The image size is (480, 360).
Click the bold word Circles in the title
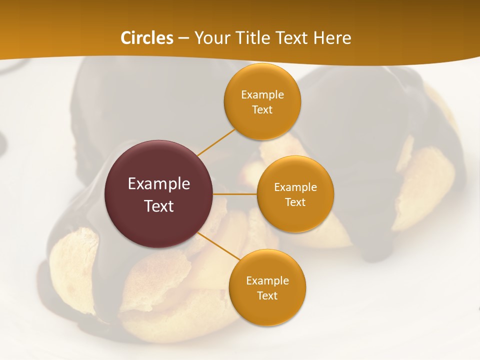click(x=147, y=38)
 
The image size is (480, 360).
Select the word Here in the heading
click(x=332, y=38)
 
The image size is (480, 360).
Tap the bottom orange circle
click(x=267, y=310)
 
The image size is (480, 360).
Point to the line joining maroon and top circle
click(x=215, y=142)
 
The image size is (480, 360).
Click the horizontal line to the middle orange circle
click(x=235, y=194)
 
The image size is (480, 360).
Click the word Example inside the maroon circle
click(x=158, y=184)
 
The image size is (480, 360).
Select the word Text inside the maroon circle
click(x=158, y=206)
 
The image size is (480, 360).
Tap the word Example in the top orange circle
click(x=262, y=95)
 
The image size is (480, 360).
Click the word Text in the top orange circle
click(x=262, y=110)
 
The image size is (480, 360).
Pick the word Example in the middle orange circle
click(x=295, y=187)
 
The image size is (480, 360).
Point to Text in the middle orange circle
click(x=295, y=202)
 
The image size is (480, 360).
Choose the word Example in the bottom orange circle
click(x=267, y=281)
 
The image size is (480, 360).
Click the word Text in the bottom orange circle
click(x=267, y=296)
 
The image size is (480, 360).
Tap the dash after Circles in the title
click(x=183, y=38)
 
